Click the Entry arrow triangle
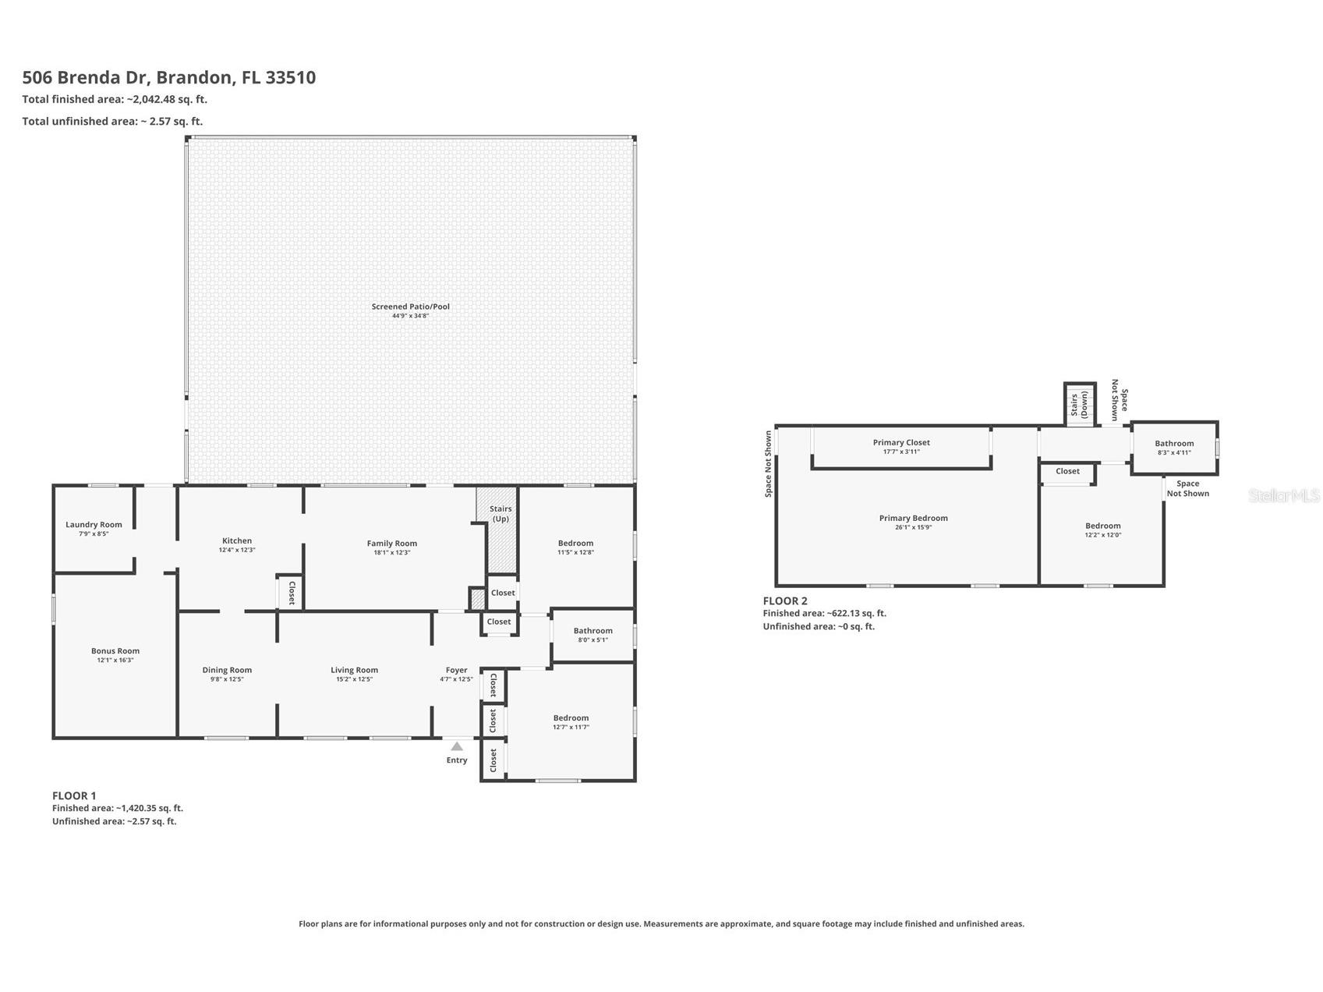[x=457, y=746]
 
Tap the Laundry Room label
[x=94, y=525]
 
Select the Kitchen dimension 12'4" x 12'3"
[x=237, y=551]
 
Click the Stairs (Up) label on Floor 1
[x=501, y=514]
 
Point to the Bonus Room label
[x=115, y=650]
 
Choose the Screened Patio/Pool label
[x=410, y=306]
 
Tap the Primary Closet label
[x=901, y=442]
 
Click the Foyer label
[x=456, y=670]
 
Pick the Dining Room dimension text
[x=227, y=679]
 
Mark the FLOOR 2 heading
[x=785, y=601]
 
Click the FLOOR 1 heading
[x=74, y=795]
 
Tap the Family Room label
[x=392, y=544]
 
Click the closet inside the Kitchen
[x=291, y=593]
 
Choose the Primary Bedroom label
[x=913, y=518]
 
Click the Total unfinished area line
[x=112, y=121]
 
